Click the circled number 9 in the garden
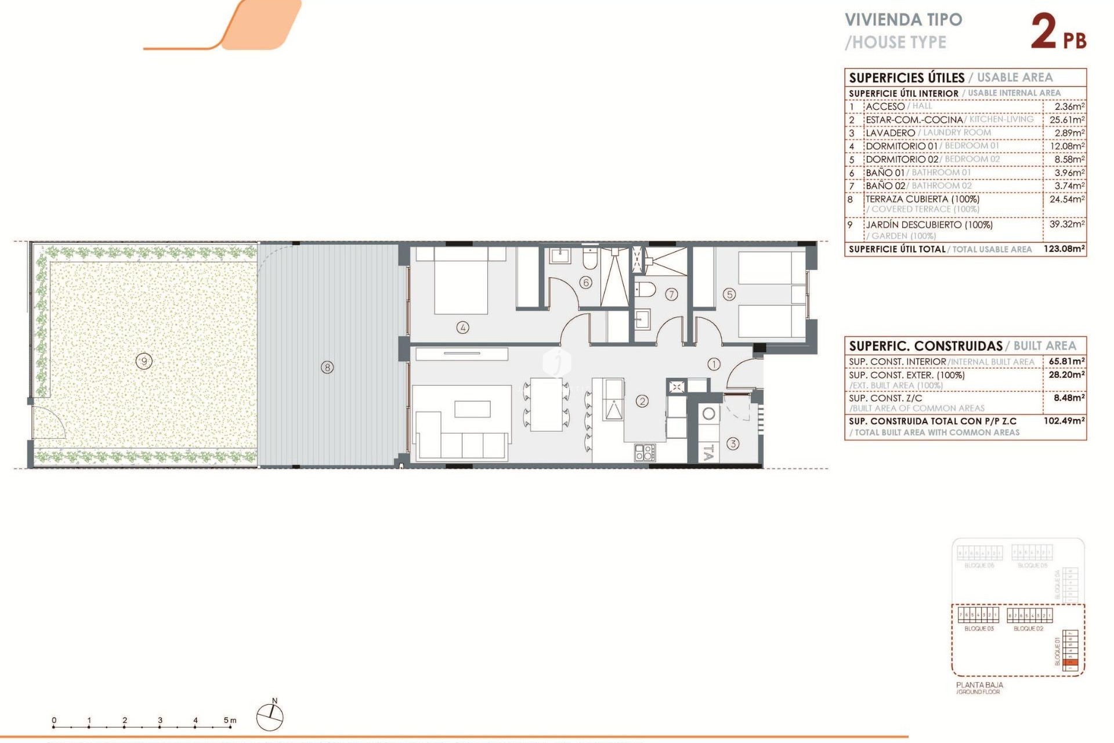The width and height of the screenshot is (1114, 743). click(144, 362)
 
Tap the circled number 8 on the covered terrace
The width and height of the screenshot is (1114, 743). click(327, 367)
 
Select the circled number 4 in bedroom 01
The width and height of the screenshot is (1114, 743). click(462, 327)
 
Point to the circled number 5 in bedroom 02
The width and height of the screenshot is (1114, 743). click(729, 295)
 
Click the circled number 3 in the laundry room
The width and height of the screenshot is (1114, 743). click(733, 444)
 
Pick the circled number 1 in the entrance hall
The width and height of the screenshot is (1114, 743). click(714, 364)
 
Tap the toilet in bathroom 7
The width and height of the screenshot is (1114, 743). click(645, 289)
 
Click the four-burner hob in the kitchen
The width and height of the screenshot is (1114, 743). click(645, 453)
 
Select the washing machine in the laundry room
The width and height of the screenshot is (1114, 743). click(708, 414)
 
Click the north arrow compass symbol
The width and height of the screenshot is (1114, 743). click(270, 717)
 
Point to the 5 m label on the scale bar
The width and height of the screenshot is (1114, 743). click(230, 720)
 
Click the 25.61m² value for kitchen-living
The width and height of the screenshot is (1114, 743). click(1066, 120)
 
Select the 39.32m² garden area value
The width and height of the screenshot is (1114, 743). click(1066, 224)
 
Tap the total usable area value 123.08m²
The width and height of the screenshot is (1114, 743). click(1064, 249)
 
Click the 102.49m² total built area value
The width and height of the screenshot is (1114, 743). click(1064, 421)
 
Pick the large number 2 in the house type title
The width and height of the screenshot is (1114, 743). click(1044, 32)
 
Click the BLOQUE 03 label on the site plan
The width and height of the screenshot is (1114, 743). click(979, 629)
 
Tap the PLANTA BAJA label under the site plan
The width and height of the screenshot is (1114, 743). click(979, 685)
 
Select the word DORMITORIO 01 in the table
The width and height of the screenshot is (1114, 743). click(902, 146)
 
